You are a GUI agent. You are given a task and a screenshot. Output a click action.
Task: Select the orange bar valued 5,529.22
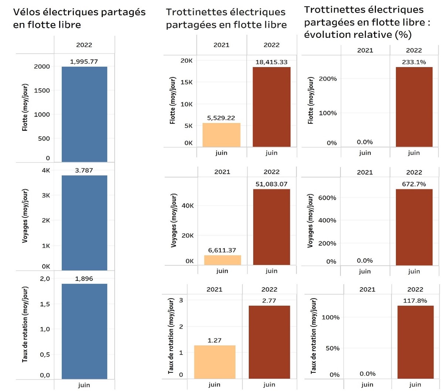coord(221,135)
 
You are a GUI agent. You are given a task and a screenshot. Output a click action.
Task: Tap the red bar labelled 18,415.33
coord(271,107)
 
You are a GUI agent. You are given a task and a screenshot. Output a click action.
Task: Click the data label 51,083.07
coord(271,184)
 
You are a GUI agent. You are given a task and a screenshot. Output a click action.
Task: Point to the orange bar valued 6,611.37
coord(222,260)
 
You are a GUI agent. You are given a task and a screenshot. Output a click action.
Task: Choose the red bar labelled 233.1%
coord(414,107)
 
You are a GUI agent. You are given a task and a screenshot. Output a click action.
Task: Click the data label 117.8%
coord(415,301)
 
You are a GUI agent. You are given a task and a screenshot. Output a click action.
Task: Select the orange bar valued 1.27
coord(215,362)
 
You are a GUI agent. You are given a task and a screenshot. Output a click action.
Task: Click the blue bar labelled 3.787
coord(84,222)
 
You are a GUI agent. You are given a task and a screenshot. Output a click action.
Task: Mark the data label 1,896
coord(84,278)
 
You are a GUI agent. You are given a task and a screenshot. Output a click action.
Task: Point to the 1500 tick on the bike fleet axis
coord(42,90)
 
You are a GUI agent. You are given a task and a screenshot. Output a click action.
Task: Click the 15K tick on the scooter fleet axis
coord(186,82)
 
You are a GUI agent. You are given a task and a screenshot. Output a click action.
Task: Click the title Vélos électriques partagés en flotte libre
coord(79,19)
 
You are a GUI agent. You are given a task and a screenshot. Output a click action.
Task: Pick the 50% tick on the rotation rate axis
coord(333,348)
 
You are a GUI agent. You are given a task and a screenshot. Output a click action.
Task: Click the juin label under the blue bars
coord(84,385)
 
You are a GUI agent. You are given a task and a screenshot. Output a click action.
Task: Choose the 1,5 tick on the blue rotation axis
coord(45,304)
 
